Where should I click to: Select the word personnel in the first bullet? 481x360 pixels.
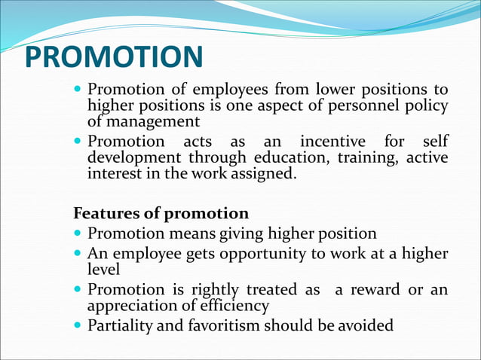pos(363,106)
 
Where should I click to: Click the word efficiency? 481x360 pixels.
pos(233,306)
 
